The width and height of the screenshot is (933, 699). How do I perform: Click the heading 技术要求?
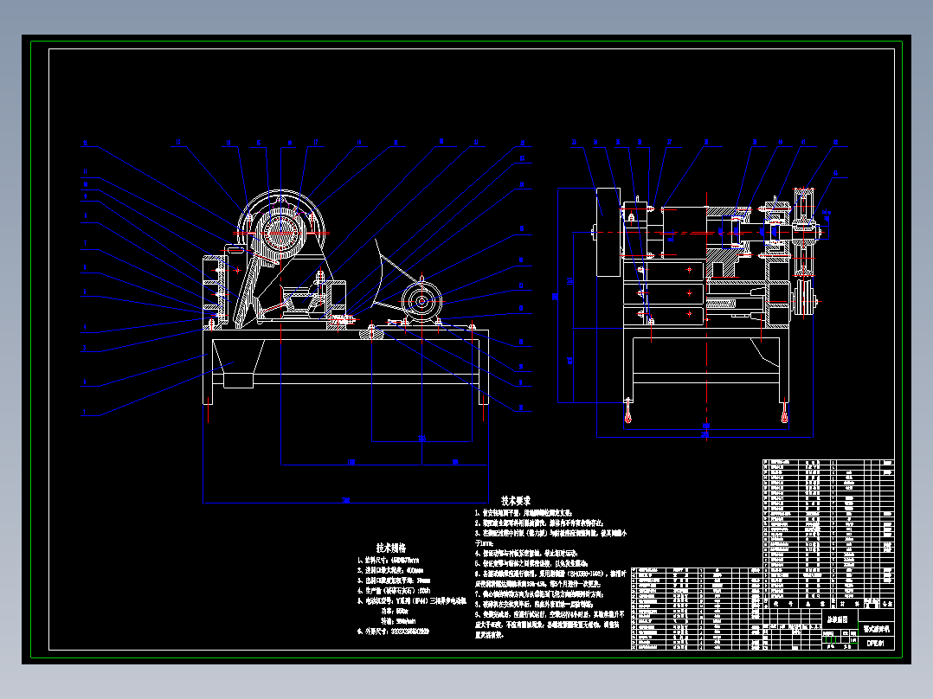515,501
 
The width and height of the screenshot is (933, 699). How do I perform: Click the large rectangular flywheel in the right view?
608,232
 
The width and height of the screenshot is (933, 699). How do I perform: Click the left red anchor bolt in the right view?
627,414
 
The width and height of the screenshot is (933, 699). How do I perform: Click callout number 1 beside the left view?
85,416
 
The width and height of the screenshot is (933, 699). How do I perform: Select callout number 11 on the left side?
85,170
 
